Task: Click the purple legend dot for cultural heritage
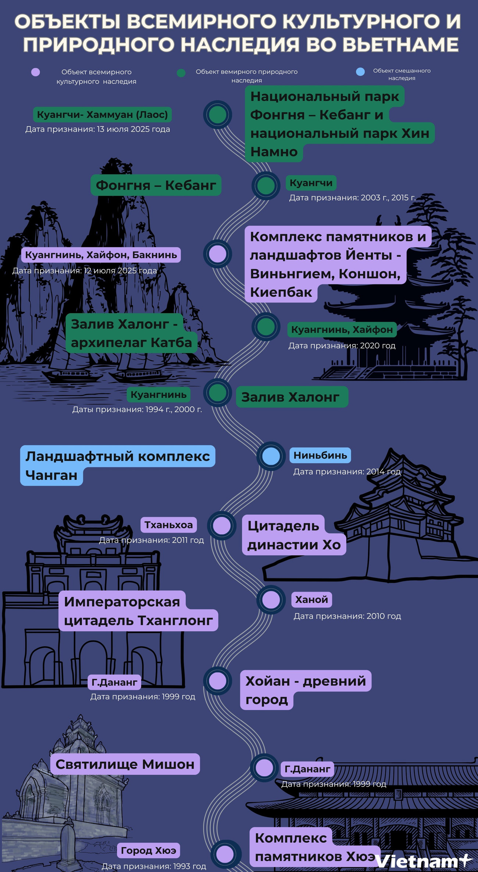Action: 35,72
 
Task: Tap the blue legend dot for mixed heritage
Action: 360,71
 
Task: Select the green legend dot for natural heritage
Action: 181,72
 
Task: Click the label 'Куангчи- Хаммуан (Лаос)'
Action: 102,115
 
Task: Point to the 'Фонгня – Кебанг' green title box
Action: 156,185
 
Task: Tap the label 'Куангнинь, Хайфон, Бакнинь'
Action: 101,255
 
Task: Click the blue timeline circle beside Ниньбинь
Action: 271,456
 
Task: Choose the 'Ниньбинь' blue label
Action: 320,456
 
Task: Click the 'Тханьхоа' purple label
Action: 168,525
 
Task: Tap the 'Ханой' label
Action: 311,600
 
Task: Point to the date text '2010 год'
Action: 384,616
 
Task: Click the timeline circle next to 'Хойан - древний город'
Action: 218,681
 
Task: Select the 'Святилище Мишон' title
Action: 125,764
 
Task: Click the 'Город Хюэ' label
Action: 149,850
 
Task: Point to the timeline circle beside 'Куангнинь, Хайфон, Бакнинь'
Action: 218,254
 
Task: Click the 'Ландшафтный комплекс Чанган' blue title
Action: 117,465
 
